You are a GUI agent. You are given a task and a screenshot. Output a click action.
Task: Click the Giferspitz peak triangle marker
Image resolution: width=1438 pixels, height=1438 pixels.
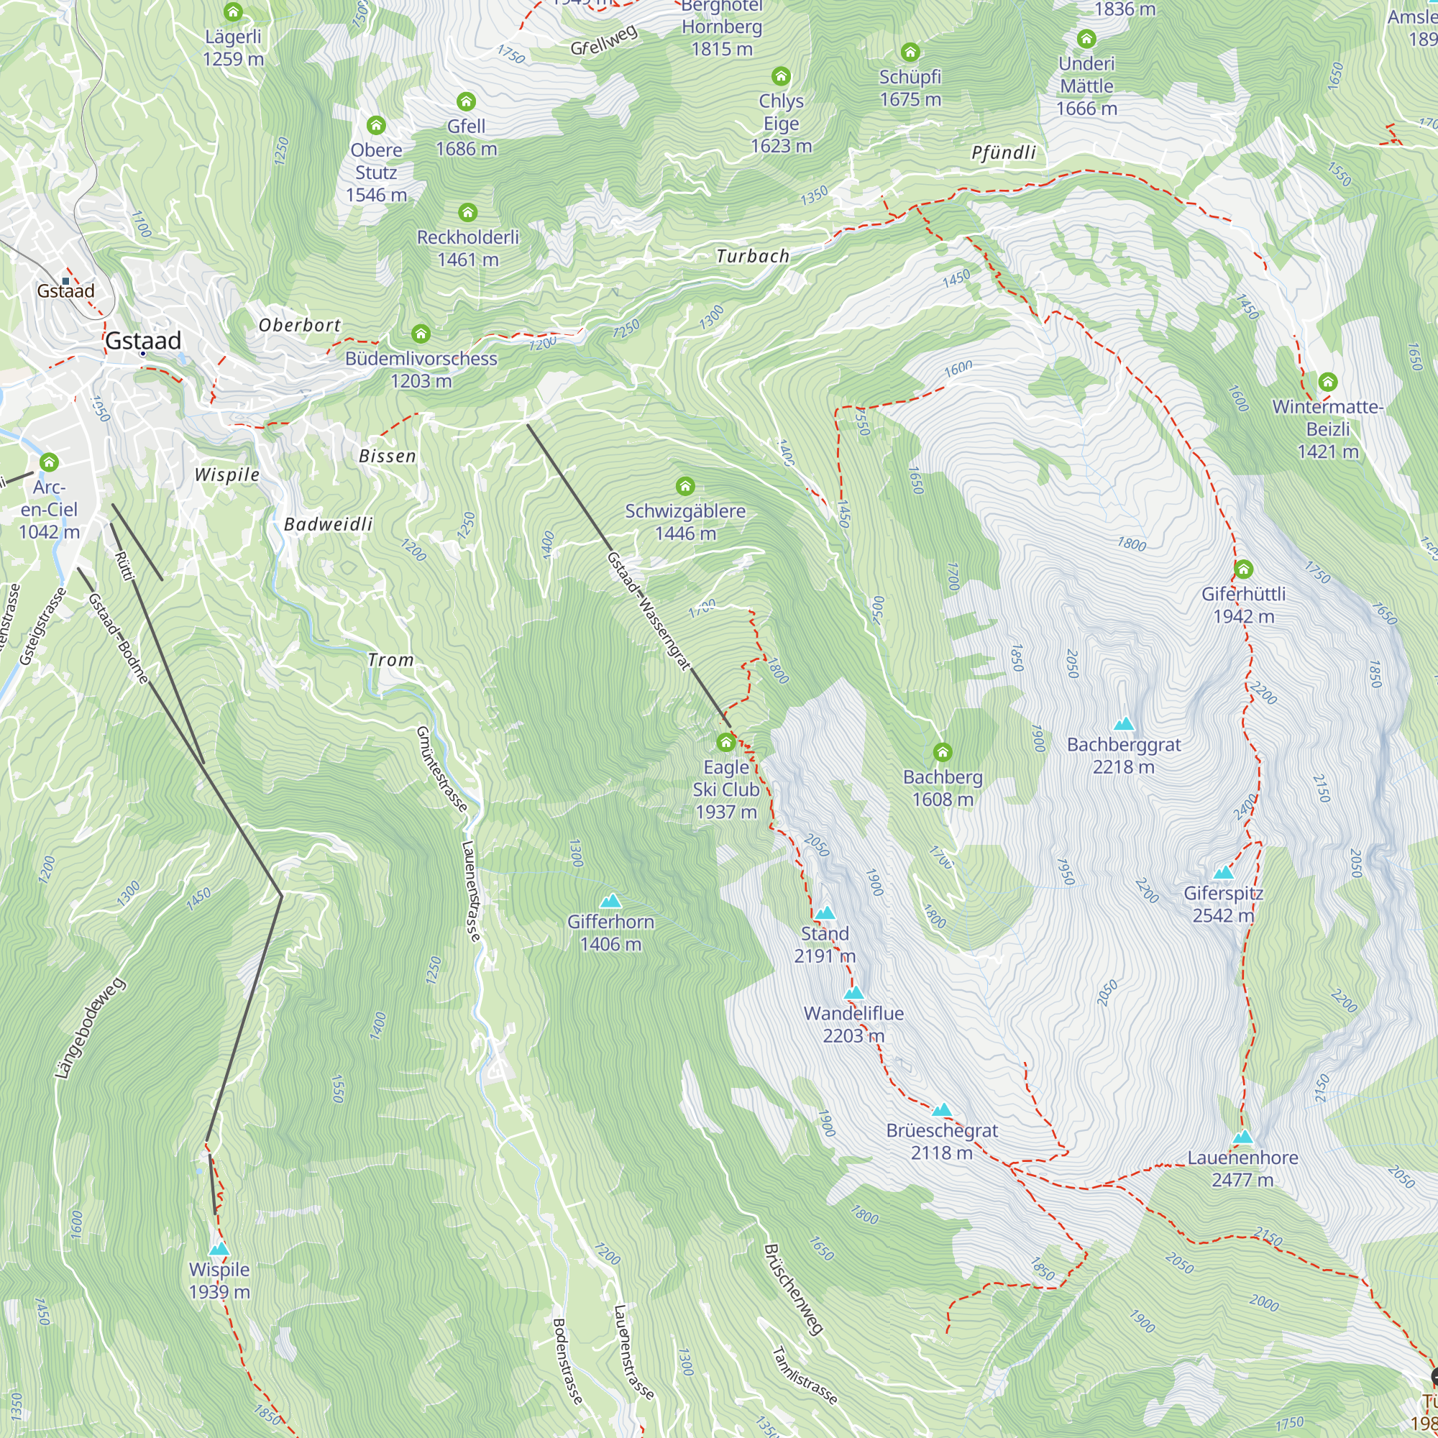pos(1223,872)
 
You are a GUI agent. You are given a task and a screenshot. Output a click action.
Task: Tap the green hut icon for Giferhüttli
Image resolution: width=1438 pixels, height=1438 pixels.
pos(1243,570)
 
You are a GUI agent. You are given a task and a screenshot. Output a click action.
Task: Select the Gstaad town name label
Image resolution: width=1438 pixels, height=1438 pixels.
pos(143,341)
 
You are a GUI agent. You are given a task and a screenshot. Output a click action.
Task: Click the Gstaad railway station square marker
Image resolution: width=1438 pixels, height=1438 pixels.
pos(65,281)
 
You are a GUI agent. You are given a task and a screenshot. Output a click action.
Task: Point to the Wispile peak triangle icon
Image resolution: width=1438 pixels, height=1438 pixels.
pos(219,1249)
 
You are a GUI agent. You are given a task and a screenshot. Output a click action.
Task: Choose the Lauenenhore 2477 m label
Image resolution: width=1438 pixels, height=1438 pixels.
pos(1242,1168)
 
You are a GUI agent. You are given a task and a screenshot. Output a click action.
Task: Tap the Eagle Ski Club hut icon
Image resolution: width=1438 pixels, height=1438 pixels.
pos(725,742)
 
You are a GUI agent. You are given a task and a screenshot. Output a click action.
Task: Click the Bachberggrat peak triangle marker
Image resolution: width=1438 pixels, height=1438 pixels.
pos(1123,723)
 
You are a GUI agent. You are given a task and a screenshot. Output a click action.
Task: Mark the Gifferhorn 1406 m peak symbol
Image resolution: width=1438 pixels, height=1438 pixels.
pos(610,902)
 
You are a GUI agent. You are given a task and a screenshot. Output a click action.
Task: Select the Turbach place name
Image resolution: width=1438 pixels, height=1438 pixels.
pos(752,256)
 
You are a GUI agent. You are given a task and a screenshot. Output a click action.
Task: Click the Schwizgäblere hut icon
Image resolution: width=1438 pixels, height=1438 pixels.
pos(684,487)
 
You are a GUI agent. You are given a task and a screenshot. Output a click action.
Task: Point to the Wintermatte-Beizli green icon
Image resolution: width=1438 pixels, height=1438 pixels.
pos(1328,383)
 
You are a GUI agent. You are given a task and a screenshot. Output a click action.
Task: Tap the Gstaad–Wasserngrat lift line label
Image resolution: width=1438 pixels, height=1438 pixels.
pos(649,611)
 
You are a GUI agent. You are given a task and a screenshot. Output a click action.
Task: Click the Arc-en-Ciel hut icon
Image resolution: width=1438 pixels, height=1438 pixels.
pos(49,462)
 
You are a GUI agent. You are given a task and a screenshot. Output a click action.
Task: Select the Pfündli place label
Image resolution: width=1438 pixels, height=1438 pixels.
pos(1003,152)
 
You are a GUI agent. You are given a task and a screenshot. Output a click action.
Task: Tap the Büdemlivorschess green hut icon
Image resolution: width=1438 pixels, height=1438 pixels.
pos(421,334)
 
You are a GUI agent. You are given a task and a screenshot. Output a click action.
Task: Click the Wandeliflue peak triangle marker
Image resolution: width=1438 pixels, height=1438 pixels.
pos(853,993)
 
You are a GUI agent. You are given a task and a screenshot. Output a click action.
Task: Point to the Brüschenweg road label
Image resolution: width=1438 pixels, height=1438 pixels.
pos(794,1290)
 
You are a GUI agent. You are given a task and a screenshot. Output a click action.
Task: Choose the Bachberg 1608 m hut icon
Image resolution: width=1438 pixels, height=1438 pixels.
pos(943,752)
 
